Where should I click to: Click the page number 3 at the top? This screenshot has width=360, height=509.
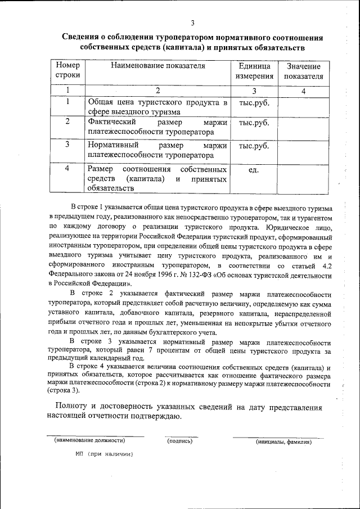[x=192, y=23]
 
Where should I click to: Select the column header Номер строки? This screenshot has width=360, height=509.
[x=68, y=70]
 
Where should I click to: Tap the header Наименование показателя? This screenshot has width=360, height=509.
[x=158, y=66]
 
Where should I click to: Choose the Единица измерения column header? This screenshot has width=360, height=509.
[x=254, y=71]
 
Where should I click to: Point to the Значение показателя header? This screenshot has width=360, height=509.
[x=304, y=71]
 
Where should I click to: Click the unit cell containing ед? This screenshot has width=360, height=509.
[x=254, y=170]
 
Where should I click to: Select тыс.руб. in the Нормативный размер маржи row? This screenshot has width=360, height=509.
[x=254, y=146]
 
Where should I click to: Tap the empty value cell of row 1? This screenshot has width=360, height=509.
[x=304, y=106]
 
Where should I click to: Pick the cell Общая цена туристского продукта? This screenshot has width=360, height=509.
[x=157, y=107]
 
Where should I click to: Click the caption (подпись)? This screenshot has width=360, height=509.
[x=180, y=442]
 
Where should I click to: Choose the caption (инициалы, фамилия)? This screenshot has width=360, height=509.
[x=283, y=442]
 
